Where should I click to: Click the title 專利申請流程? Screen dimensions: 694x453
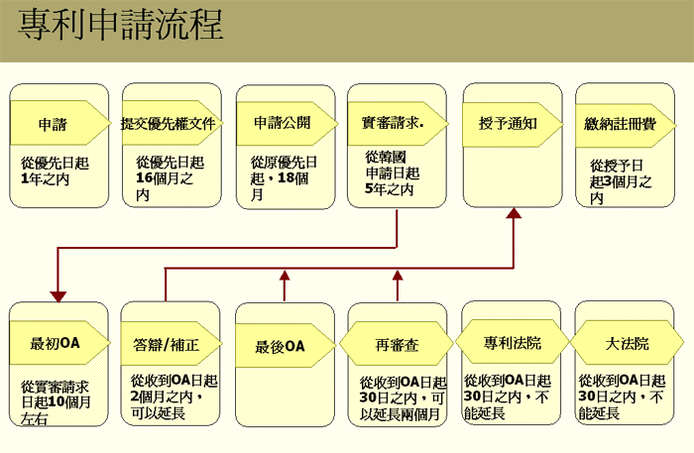tap(120, 24)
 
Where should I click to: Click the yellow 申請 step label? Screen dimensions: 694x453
tap(53, 124)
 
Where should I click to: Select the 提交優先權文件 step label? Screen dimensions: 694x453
tap(169, 124)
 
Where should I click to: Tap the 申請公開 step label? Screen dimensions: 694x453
tap(283, 123)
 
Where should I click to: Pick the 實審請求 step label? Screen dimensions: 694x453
tap(393, 123)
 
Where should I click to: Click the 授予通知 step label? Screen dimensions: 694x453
tap(508, 124)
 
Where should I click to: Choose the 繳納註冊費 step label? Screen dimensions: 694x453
tap(620, 124)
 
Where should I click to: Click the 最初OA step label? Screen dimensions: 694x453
tap(55, 343)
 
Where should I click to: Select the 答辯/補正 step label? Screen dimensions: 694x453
tap(166, 345)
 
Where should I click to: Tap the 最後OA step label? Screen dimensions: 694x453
tap(281, 346)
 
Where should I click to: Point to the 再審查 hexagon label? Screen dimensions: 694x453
tap(397, 345)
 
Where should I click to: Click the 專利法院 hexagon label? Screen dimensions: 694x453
tap(513, 343)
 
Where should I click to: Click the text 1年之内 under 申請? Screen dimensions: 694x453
tap(46, 179)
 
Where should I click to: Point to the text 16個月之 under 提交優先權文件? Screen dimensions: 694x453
tap(165, 178)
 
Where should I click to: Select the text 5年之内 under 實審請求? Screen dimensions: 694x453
tap(390, 189)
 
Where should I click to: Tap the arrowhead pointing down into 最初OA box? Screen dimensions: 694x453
tap(58, 296)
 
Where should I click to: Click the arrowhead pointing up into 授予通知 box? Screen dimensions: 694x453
tap(514, 213)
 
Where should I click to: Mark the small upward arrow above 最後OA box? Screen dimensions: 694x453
tap(285, 285)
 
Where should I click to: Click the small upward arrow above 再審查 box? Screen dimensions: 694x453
tap(398, 285)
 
